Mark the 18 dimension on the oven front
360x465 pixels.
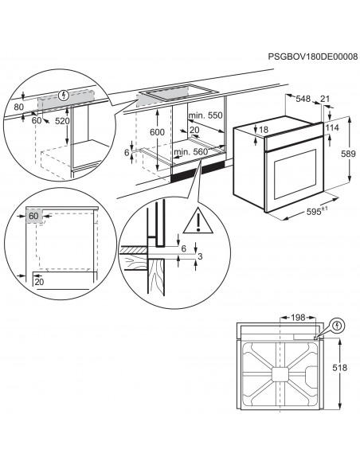[x=264, y=130]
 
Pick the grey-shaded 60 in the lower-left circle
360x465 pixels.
[x=33, y=215]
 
